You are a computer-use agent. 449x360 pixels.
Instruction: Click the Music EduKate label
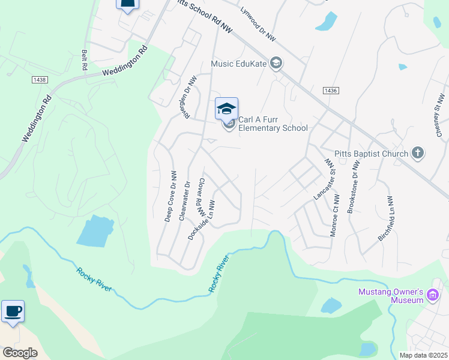pyautogui.click(x=238, y=64)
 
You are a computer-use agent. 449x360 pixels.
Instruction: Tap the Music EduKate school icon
pyautogui.click(x=276, y=64)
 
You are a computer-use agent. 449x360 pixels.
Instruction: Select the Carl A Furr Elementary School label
pyautogui.click(x=273, y=124)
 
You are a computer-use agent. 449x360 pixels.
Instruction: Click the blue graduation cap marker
pyautogui.click(x=226, y=109)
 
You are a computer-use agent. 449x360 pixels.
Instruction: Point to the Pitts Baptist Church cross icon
pyautogui.click(x=418, y=154)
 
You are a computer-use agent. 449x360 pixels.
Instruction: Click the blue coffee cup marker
pyautogui.click(x=13, y=311)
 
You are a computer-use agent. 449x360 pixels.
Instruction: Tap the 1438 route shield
pyautogui.click(x=40, y=79)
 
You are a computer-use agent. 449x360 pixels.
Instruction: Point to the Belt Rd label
pyautogui.click(x=85, y=60)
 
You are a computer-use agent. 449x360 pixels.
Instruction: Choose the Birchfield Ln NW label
pyautogui.click(x=385, y=219)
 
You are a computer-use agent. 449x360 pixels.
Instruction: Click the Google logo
pyautogui.click(x=20, y=353)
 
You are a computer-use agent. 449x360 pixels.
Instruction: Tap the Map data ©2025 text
pyautogui.click(x=423, y=355)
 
